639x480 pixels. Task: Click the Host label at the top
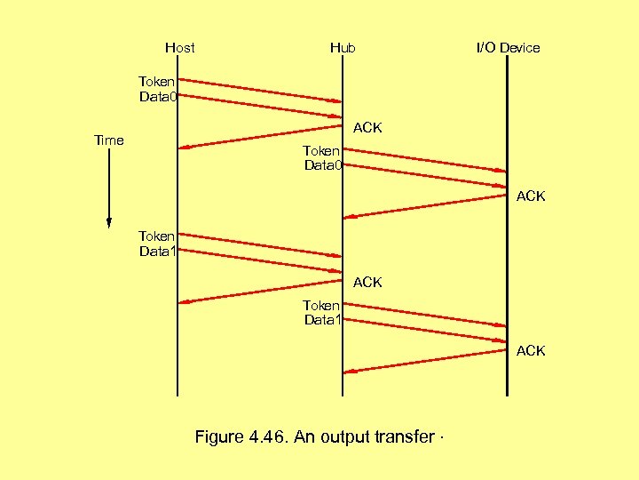[x=179, y=48]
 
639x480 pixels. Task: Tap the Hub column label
[x=343, y=48]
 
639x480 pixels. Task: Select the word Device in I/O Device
[x=519, y=48]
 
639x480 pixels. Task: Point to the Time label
[x=109, y=140]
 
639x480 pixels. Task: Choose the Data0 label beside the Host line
[x=158, y=97]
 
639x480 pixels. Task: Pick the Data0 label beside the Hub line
[x=324, y=165]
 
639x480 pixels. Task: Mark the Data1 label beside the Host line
[x=158, y=252]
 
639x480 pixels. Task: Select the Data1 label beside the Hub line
[x=324, y=320]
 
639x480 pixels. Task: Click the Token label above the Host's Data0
[x=157, y=82]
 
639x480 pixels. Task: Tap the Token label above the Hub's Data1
[x=321, y=305]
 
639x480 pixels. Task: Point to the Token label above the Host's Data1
[x=157, y=236]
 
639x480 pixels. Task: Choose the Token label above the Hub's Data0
[x=321, y=151]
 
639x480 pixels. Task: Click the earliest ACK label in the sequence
[x=367, y=128]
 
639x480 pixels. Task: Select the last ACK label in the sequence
[x=531, y=351]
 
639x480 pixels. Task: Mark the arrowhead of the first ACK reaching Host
[x=182, y=148]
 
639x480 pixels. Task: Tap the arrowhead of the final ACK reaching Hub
[x=348, y=371]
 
